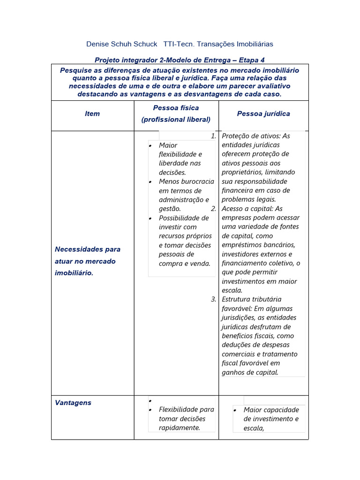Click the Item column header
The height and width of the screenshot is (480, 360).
coord(92,114)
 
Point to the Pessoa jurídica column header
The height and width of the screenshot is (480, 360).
coord(263,114)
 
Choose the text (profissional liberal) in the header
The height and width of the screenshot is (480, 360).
coord(176,120)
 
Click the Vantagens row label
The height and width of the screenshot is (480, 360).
coord(73,403)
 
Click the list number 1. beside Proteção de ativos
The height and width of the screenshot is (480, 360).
coord(213,136)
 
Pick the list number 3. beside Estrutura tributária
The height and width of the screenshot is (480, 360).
coord(213,299)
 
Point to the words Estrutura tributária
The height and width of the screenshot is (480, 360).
coord(251,299)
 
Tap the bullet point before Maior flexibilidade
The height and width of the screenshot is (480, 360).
coord(150,146)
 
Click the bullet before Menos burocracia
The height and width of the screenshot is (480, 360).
coord(150,182)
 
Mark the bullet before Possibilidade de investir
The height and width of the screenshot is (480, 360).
coord(150,218)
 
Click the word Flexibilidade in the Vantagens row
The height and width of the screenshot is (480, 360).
coord(180,410)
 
